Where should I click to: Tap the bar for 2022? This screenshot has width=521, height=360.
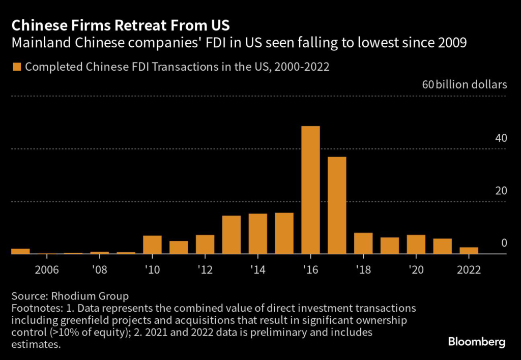point(469,250)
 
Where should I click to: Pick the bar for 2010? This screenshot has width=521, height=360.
point(152,245)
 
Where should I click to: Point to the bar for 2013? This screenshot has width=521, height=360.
point(231,234)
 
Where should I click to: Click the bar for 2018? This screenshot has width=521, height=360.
point(363,243)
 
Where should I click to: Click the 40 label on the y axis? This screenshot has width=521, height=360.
point(501,138)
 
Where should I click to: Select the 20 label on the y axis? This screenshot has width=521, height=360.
point(501,191)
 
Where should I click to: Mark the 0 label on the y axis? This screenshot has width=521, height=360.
point(504,243)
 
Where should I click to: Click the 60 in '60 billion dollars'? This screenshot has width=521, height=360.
point(428,84)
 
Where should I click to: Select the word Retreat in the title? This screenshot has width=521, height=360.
point(118,25)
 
